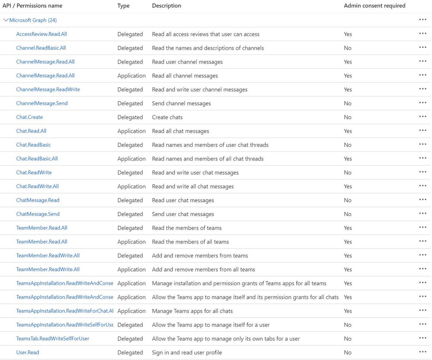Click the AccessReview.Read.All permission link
point(42,34)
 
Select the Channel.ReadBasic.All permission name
point(41,48)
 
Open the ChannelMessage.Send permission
point(42,103)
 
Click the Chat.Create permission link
point(29,117)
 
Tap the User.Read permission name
point(28,353)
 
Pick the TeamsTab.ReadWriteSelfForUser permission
point(53,339)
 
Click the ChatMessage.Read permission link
point(38,200)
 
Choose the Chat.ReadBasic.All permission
point(37,159)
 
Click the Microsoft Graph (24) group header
point(33,20)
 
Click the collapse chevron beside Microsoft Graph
point(6,20)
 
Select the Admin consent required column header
point(374,6)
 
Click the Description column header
point(166,6)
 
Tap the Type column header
point(123,6)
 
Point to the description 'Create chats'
point(167,117)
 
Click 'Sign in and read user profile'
point(187,353)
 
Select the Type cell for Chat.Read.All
point(131,131)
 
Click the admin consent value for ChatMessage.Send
point(348,214)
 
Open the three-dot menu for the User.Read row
point(422,352)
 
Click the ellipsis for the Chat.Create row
point(422,117)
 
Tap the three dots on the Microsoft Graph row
point(422,20)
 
